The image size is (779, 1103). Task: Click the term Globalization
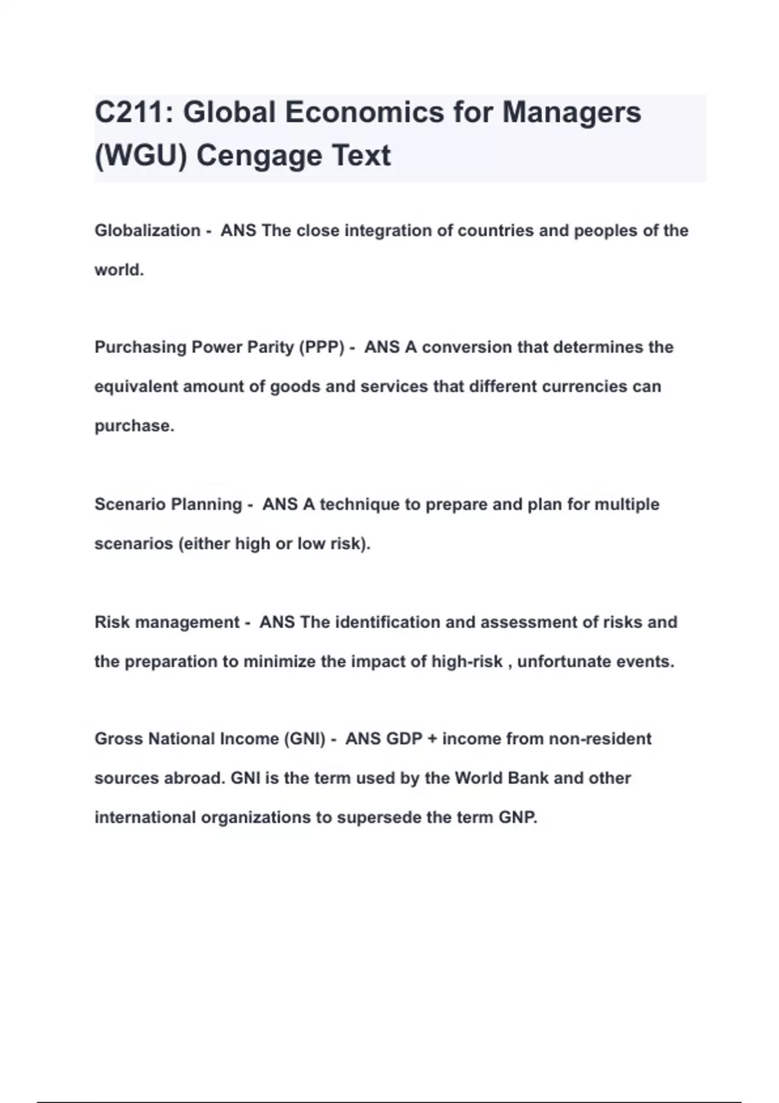tap(147, 230)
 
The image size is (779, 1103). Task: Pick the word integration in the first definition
tap(388, 230)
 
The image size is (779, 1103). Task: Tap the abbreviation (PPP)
tap(321, 347)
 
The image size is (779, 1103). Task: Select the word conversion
tap(467, 347)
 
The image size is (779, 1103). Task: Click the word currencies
tap(582, 387)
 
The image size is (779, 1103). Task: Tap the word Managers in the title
tap(572, 112)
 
